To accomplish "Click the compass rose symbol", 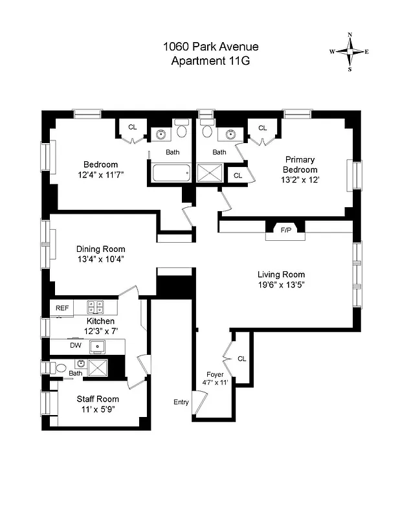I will (x=350, y=51).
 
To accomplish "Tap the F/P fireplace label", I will (x=285, y=229).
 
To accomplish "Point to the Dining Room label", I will (x=100, y=249).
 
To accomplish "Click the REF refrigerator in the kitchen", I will (x=62, y=308).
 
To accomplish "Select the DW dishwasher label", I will (x=76, y=346).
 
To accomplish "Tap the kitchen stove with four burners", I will (x=96, y=307).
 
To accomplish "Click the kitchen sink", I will (x=98, y=346).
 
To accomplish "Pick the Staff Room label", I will (x=98, y=399).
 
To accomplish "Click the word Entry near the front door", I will (x=181, y=402).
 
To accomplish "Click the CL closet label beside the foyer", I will (x=241, y=358).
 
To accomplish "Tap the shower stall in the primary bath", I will (x=210, y=174).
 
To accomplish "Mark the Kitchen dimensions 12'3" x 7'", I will (x=100, y=331).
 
